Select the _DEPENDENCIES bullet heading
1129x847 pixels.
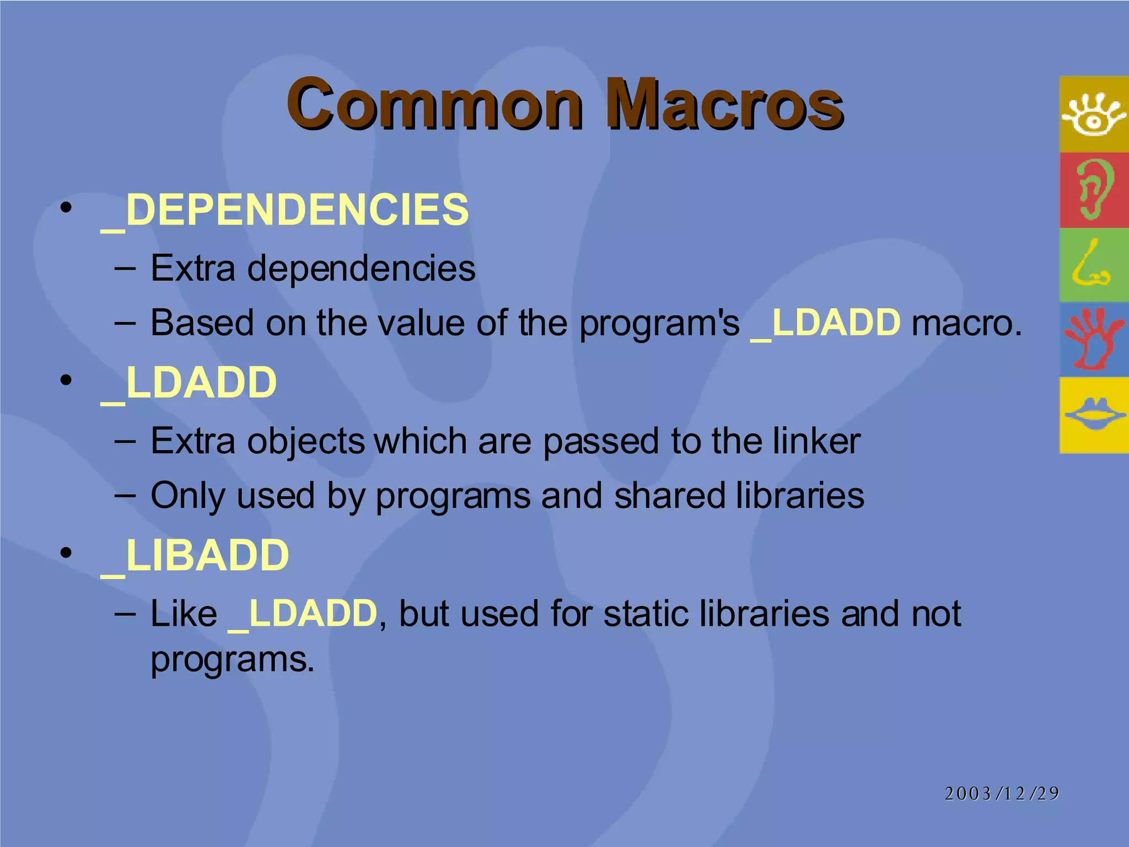[x=284, y=210]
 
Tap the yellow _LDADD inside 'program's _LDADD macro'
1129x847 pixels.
[x=826, y=323]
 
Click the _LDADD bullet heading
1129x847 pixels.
[x=189, y=383]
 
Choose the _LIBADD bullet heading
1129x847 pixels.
[x=195, y=555]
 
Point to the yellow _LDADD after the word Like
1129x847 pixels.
[x=303, y=614]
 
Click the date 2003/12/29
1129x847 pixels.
[x=1002, y=794]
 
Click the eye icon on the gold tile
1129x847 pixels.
[x=1094, y=115]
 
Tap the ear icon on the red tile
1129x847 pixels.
[x=1094, y=189]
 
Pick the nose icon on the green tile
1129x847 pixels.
[x=1092, y=265]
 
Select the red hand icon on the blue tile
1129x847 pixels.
[x=1094, y=339]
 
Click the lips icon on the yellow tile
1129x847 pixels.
[x=1094, y=415]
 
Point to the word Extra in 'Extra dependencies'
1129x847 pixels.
[x=192, y=269]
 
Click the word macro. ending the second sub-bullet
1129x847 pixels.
[x=966, y=323]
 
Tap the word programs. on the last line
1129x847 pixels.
[x=232, y=660]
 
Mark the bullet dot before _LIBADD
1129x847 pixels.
[x=67, y=553]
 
